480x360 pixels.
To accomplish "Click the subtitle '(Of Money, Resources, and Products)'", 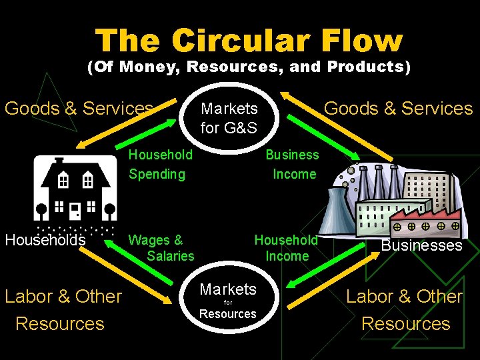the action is click(249, 67).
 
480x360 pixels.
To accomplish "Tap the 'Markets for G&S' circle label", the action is click(229, 117).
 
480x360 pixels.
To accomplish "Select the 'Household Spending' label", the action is click(160, 164).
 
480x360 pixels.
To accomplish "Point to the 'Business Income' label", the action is click(292, 164).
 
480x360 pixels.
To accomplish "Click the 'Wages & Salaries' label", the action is click(161, 247).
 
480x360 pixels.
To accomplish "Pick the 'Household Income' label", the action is click(287, 247).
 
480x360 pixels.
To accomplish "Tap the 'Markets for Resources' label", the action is click(228, 301).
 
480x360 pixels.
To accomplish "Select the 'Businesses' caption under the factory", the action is click(421, 245).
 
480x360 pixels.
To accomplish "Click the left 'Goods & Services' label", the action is click(79, 108).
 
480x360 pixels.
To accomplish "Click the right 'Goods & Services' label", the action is click(398, 108).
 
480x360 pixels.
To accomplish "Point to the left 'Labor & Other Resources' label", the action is click(63, 309).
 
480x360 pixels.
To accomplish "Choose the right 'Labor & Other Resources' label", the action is click(405, 309).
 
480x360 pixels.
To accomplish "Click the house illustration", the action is click(75, 190).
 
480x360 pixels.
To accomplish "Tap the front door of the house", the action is click(75, 211).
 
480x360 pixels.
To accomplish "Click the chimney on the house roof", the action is click(59, 163).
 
